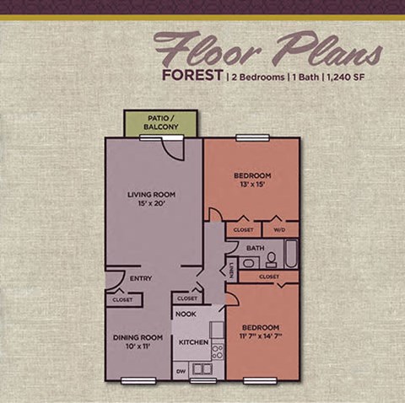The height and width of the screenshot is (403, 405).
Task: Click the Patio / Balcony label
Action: tap(160, 122)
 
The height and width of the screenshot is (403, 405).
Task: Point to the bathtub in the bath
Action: tap(291, 254)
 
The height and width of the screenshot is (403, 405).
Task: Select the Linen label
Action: tap(230, 269)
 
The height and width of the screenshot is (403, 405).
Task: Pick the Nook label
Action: tap(186, 314)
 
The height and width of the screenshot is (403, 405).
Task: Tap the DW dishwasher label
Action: tap(180, 369)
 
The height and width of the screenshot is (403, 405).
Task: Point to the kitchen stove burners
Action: tap(217, 349)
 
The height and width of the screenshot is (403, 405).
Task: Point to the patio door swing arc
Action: tap(173, 151)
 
